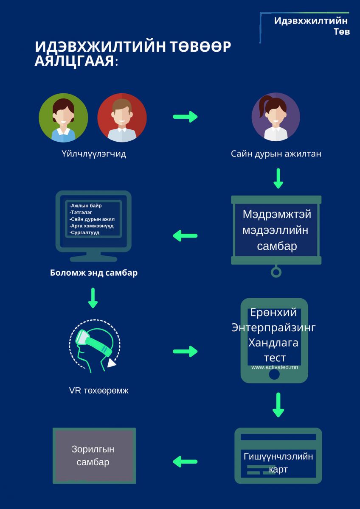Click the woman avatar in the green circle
[63, 118]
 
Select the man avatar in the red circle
[122, 118]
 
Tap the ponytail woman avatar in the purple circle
[276, 117]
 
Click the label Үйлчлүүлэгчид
[93, 154]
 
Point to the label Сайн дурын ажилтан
[276, 154]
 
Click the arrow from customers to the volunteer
[186, 117]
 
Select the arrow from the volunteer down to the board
[278, 179]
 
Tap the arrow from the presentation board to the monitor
[185, 235]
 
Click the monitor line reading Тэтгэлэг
[81, 212]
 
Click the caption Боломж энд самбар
[93, 273]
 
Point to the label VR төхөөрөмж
[98, 391]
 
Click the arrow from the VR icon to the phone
[186, 351]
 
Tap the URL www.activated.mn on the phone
[274, 367]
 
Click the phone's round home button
[274, 375]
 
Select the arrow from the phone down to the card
[278, 405]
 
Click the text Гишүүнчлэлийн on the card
[278, 456]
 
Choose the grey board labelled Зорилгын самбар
[93, 456]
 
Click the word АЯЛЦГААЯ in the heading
[74, 62]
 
